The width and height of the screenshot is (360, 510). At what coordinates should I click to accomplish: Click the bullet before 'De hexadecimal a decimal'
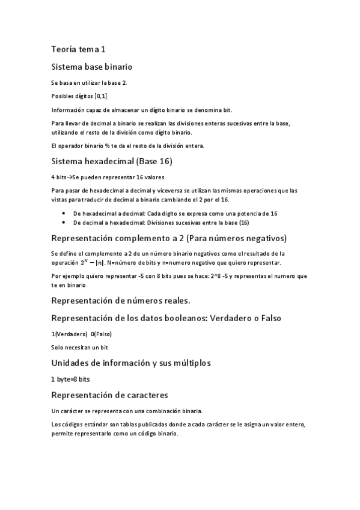coord(64,214)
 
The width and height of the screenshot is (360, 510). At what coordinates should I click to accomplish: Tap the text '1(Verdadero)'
coord(69,334)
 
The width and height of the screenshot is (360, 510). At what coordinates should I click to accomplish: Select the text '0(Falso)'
coord(101,334)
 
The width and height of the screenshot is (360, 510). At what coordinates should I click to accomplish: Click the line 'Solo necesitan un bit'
coord(80,347)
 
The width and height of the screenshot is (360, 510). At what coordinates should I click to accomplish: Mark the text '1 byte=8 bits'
coord(71,380)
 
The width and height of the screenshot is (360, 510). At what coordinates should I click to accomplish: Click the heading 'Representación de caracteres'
coord(118,395)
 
